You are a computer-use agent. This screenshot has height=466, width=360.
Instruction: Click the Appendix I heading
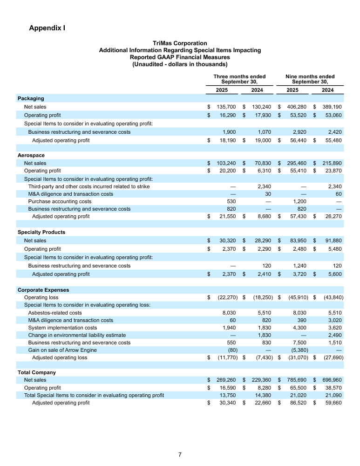47,28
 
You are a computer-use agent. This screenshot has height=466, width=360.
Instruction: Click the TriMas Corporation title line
180,43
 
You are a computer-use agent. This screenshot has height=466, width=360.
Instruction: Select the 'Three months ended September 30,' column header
239,79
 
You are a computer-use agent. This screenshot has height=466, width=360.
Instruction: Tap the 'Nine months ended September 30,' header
310,79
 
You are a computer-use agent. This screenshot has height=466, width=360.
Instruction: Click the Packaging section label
31,99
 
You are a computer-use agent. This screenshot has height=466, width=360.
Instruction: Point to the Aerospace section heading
31,155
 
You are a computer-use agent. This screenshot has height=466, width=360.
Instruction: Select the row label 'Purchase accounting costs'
60,201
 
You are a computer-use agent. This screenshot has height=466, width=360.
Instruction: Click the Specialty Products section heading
41,232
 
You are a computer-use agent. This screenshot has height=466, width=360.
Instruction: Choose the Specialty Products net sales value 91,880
332,240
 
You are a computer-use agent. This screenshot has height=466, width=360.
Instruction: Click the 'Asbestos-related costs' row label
55,313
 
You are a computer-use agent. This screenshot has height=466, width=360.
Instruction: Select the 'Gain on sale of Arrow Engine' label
63,350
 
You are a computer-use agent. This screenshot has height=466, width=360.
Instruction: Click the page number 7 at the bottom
180,454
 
